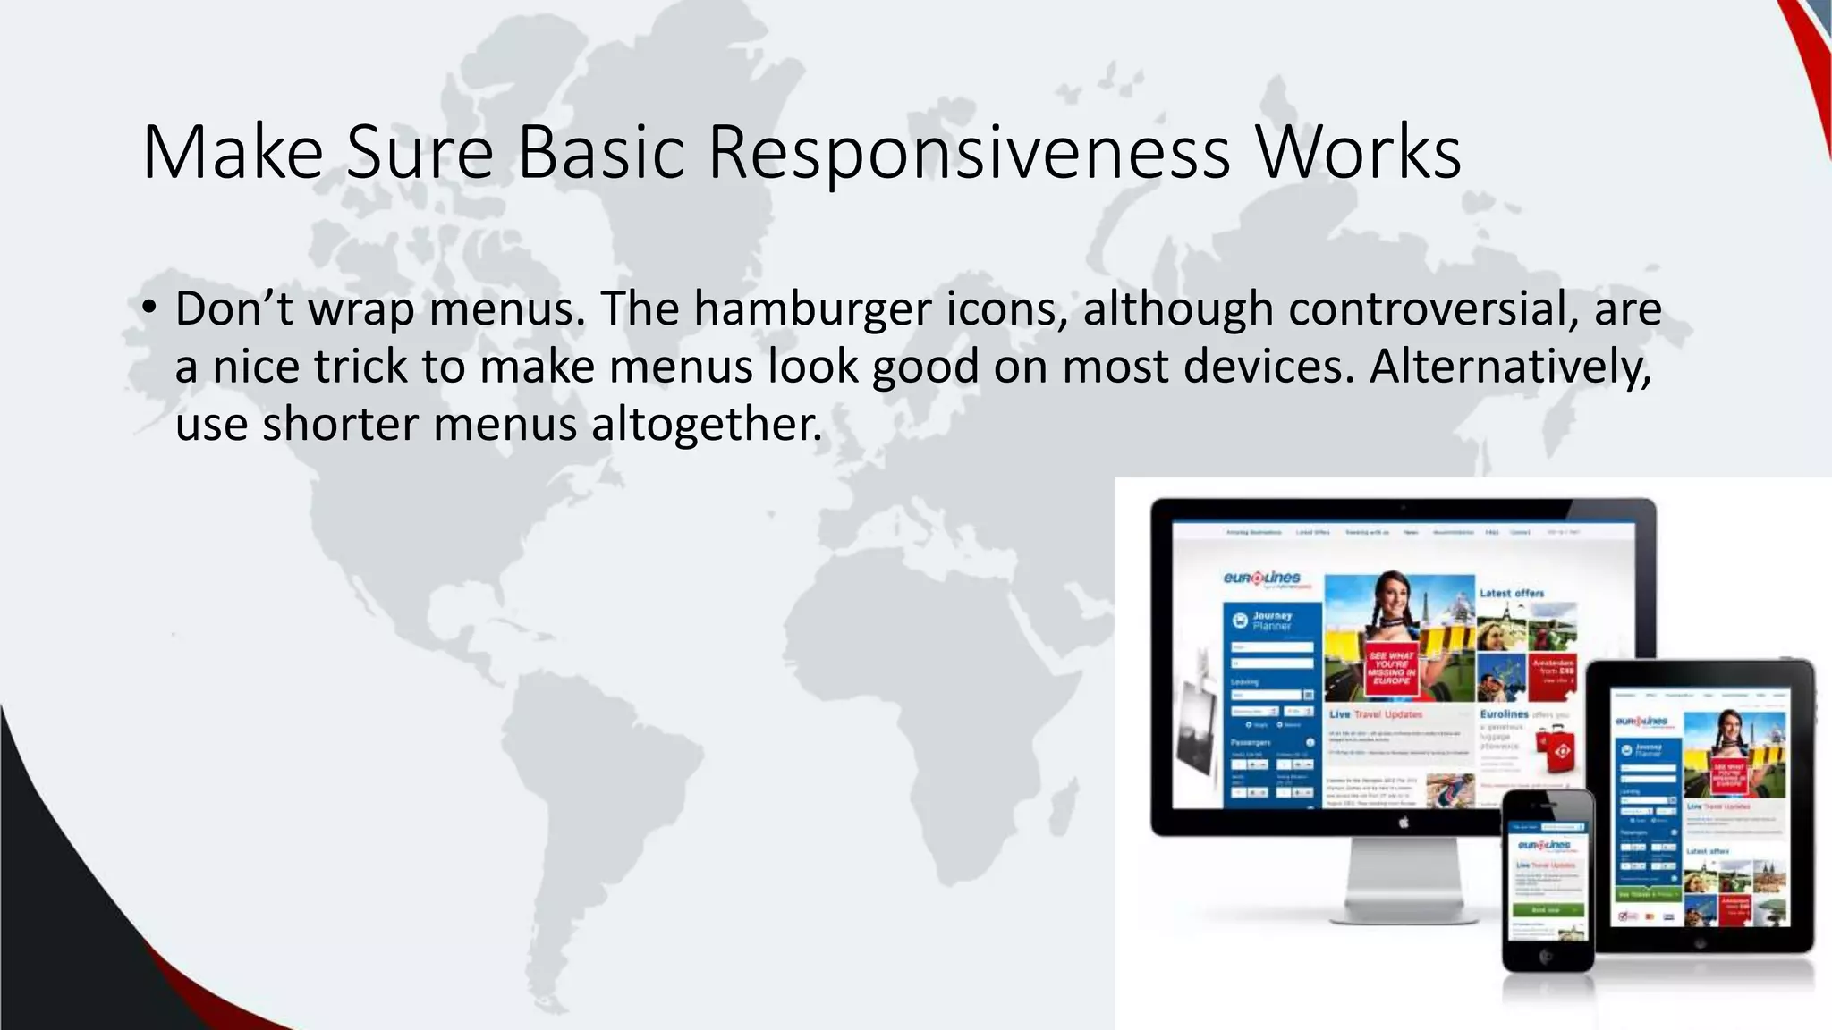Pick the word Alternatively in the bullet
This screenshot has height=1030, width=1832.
(x=1510, y=367)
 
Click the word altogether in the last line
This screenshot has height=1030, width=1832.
(x=706, y=424)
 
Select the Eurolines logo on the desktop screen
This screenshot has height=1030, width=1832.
(x=1262, y=578)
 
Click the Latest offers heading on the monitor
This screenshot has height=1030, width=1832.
(x=1512, y=593)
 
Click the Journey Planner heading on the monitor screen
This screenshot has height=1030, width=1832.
(x=1271, y=621)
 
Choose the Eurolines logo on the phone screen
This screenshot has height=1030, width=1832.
(x=1544, y=845)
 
